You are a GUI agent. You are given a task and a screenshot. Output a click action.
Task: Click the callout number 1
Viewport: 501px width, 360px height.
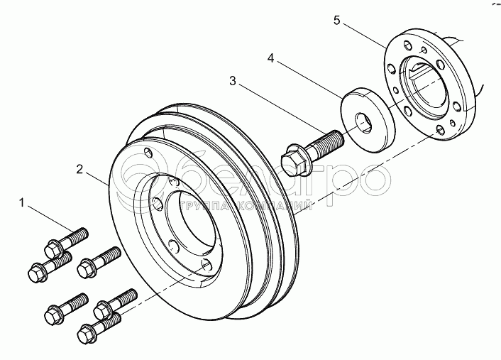click(x=23, y=204)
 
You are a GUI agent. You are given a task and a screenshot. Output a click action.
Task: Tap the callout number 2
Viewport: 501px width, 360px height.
click(x=80, y=169)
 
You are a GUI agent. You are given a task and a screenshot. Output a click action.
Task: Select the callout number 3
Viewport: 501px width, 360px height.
click(x=233, y=82)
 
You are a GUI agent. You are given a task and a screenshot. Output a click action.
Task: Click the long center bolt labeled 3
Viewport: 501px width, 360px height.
click(x=312, y=148)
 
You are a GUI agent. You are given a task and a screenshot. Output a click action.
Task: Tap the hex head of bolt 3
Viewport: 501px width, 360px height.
click(x=293, y=158)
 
